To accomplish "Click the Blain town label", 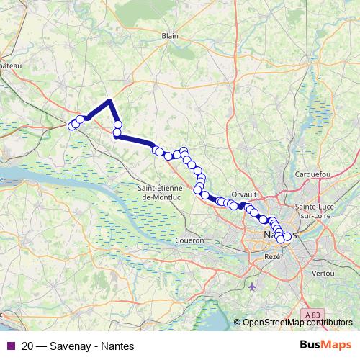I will click(170, 35).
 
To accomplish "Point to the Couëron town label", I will click(189, 240).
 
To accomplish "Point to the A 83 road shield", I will click(312, 315).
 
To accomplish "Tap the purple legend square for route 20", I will click(10, 345).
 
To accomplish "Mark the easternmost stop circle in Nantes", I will click(287, 236).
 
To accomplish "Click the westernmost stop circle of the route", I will click(71, 126).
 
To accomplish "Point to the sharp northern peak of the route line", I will click(109, 101).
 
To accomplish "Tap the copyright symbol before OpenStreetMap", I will click(237, 322).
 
